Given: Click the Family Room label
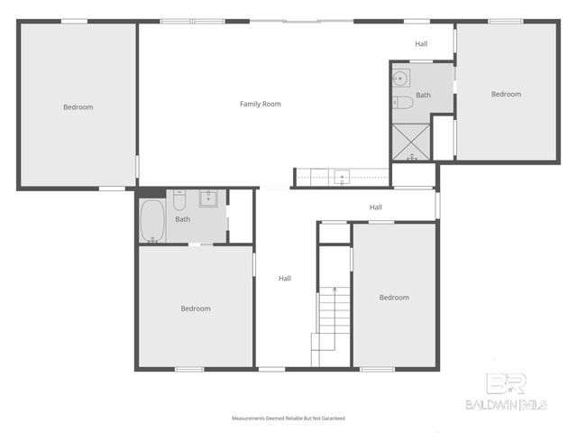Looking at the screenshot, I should tap(260, 104).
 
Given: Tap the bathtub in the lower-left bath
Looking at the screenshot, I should tap(152, 220).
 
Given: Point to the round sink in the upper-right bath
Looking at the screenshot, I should tap(400, 78).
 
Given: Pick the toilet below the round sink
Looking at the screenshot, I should tap(403, 101).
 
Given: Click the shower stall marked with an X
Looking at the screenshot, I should tap(410, 142).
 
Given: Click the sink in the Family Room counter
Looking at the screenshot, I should tap(342, 176).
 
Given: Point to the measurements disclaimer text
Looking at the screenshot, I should tap(288, 419).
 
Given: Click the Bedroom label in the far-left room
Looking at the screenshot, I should tap(78, 107).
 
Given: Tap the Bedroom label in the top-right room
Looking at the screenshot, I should tap(506, 94).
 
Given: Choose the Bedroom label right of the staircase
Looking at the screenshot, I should tap(394, 298).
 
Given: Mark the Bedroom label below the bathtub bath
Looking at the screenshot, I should tap(196, 309).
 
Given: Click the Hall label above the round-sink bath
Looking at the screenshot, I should tap(421, 43).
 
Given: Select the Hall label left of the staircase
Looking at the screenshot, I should tap(285, 279).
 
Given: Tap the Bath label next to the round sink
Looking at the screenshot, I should tap(423, 95).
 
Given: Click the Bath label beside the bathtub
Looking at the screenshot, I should tap(182, 219).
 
